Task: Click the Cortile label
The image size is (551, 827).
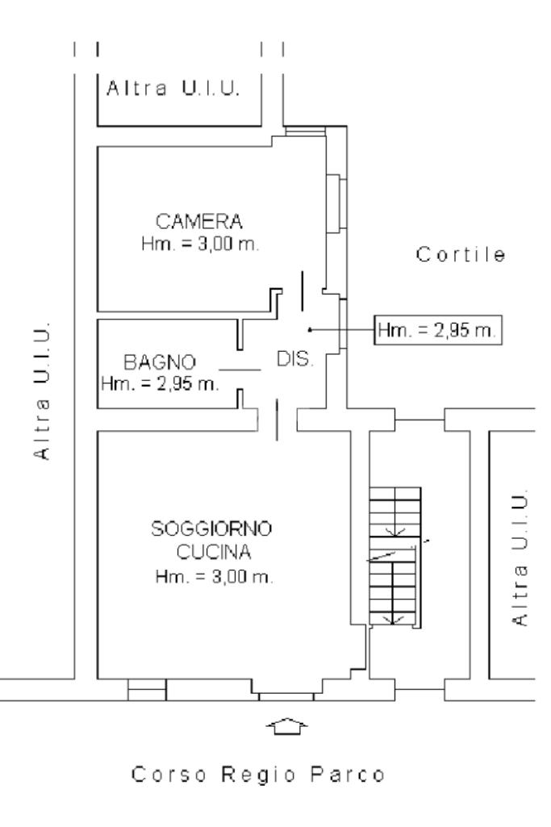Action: pyautogui.click(x=461, y=256)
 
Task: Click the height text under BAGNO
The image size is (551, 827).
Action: pyautogui.click(x=160, y=384)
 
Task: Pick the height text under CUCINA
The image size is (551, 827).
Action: pyautogui.click(x=214, y=578)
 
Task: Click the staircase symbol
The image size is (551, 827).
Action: pyautogui.click(x=395, y=556)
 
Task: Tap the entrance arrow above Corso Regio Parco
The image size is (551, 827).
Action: pyautogui.click(x=286, y=727)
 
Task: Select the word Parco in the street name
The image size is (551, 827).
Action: pyautogui.click(x=351, y=777)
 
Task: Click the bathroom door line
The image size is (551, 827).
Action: pyautogui.click(x=240, y=370)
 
